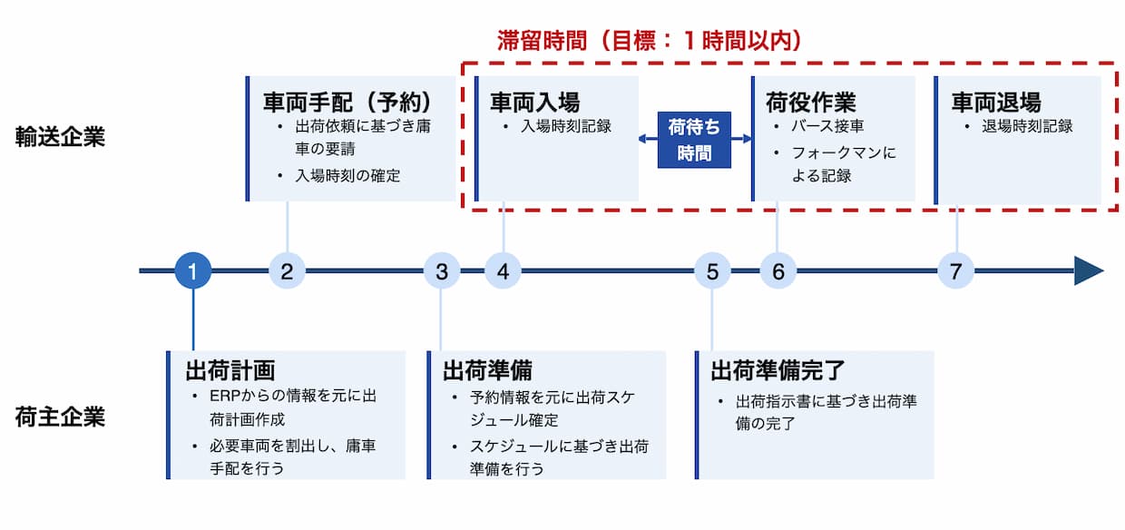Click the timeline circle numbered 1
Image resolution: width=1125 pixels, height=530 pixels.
(x=192, y=270)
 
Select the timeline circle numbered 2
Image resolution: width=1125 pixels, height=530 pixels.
(x=287, y=270)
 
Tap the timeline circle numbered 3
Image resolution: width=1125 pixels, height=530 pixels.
(x=441, y=270)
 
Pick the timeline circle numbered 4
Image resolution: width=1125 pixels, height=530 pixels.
(x=503, y=270)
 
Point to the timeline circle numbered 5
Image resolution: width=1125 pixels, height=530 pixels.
(x=712, y=270)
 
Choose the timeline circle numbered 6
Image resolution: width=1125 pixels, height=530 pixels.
(x=778, y=270)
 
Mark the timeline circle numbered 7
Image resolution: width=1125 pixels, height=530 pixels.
(x=955, y=270)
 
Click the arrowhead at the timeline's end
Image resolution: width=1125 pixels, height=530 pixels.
(x=1088, y=270)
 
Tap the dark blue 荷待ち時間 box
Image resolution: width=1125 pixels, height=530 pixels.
(x=694, y=140)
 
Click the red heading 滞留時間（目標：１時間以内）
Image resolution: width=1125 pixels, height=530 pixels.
(x=650, y=40)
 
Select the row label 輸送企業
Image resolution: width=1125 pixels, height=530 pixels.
(x=60, y=137)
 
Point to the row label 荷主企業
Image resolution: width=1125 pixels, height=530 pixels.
(x=60, y=417)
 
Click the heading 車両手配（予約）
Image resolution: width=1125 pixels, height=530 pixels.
(x=347, y=101)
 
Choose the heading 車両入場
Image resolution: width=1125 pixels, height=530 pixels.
(x=535, y=101)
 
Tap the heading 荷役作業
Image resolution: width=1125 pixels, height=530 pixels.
(x=811, y=101)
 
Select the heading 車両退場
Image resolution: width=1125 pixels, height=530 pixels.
(x=996, y=101)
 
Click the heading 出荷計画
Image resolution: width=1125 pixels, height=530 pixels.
(x=230, y=370)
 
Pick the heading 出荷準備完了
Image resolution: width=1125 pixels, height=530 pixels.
(x=778, y=370)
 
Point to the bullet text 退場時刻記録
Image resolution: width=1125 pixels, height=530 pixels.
(x=1027, y=126)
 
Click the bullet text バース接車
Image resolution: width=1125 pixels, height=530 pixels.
(x=827, y=126)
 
